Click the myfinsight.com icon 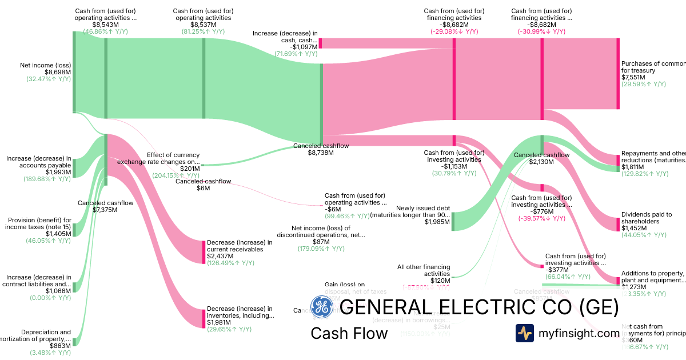coord(524,333)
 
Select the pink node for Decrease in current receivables coord(204,252)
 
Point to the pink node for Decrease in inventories coord(204,318)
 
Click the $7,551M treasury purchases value coord(633,78)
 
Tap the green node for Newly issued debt coord(453,221)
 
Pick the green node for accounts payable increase coord(74,160)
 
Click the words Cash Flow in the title coord(349,333)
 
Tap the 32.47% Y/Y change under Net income coord(49,79)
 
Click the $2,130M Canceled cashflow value coord(541,162)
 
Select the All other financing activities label coord(424,270)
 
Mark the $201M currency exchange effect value coord(190,169)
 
